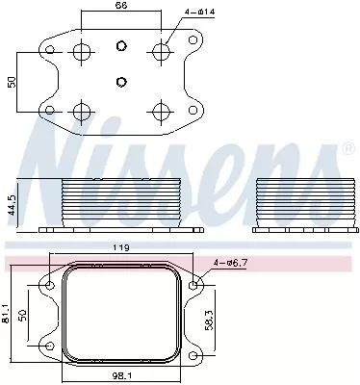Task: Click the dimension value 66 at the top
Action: (x=120, y=7)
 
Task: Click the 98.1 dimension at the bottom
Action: (x=120, y=377)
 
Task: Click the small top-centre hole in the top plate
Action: (x=120, y=46)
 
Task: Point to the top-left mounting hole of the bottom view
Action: (x=49, y=286)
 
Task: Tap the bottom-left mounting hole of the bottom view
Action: (x=49, y=345)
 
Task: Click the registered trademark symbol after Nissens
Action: (x=347, y=149)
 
